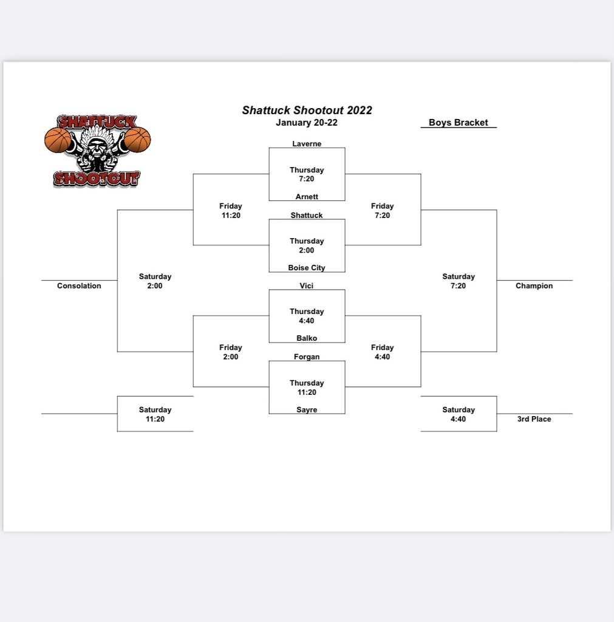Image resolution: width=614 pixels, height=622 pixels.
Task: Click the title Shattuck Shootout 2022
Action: (307, 111)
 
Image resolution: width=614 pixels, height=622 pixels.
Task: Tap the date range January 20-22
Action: (307, 123)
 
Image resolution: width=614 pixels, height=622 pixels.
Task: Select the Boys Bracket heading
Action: (458, 123)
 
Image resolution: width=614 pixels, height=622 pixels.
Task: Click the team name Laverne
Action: (307, 143)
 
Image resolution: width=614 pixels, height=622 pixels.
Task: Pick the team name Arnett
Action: (307, 197)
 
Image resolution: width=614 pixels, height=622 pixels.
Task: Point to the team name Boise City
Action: (307, 268)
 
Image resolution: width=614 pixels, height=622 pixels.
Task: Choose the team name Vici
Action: (307, 285)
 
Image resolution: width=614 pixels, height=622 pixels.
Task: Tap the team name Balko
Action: (307, 338)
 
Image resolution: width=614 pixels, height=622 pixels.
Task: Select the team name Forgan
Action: (307, 357)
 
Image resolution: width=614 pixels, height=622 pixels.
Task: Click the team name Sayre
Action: (307, 409)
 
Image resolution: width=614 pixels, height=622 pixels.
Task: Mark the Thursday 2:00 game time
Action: (307, 245)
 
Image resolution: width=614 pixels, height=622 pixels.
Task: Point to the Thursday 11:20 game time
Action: (307, 388)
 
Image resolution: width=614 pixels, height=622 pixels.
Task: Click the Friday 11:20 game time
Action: (231, 211)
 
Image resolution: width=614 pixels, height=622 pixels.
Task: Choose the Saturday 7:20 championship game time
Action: (459, 281)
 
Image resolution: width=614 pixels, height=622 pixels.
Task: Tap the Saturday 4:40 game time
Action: (459, 414)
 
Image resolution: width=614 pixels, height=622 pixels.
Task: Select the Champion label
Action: (534, 285)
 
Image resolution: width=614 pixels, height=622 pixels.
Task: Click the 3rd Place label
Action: (534, 419)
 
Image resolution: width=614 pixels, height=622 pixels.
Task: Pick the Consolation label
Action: (79, 285)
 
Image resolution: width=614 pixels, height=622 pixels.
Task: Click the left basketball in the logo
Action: (58, 140)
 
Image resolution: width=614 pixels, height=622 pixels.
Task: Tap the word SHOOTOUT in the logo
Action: (97, 179)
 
